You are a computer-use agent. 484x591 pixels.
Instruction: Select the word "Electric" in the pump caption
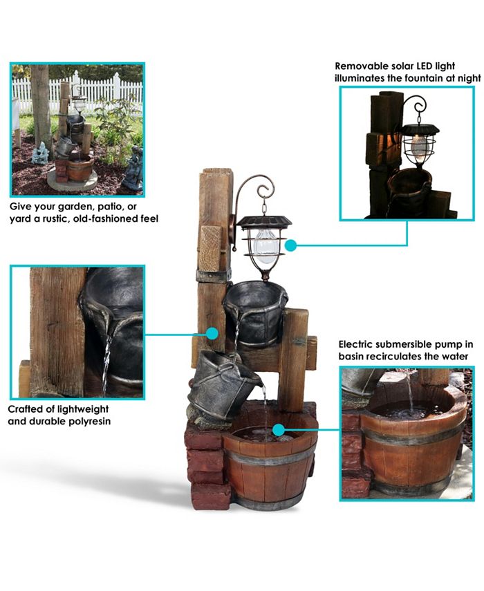point(360,344)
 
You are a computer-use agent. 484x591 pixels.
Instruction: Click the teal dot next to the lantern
point(290,245)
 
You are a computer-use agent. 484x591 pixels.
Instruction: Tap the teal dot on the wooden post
point(212,333)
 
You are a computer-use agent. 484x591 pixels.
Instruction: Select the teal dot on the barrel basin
point(278,430)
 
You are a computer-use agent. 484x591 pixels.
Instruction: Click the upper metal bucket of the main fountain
point(255,311)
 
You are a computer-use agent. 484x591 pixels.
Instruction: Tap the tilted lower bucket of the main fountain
point(218,383)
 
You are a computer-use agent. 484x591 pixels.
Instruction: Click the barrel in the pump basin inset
point(411,442)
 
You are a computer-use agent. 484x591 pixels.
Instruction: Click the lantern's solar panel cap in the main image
point(263,221)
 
